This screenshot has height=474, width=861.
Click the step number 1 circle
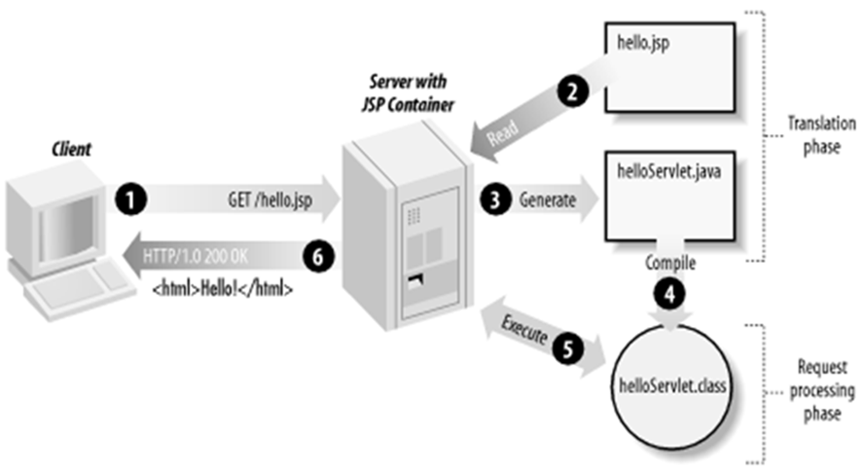[x=128, y=201]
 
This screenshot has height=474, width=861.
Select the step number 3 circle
[x=494, y=201]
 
